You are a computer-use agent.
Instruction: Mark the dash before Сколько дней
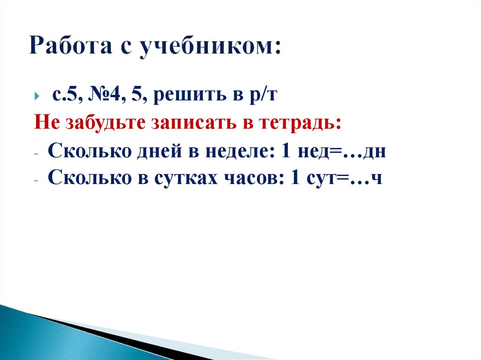[37, 153]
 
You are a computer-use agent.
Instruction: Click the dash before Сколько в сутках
[37, 180]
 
